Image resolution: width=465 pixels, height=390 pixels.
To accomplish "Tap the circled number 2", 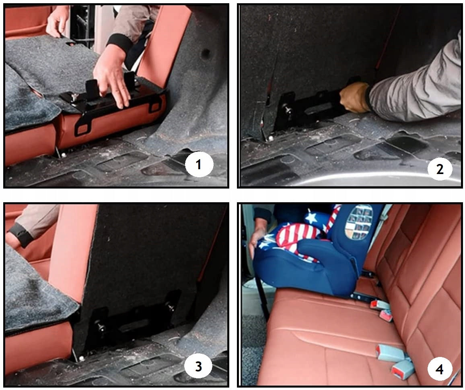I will click(440, 169).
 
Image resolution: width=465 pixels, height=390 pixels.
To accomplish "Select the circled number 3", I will click(198, 367).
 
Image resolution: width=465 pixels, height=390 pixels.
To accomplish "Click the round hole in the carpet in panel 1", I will click(206, 54).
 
